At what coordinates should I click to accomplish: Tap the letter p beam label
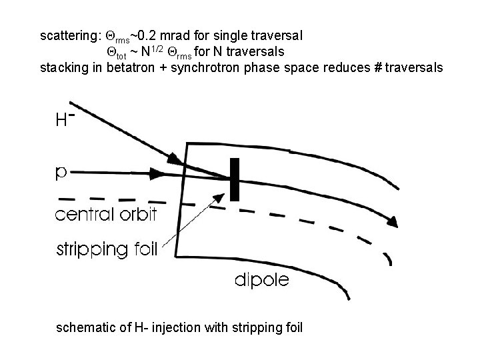61,173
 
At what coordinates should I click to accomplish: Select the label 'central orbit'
107,215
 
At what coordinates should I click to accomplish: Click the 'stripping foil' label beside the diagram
106,249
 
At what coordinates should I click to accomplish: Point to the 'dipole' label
261,280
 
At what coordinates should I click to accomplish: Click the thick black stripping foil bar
234,179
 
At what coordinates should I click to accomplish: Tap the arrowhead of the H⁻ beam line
175,159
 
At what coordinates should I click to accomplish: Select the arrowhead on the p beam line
159,174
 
